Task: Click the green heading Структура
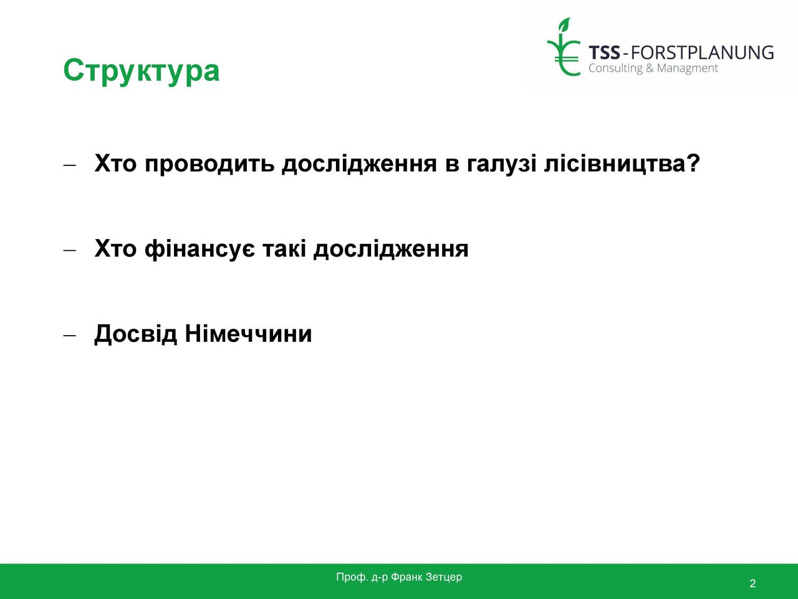pyautogui.click(x=142, y=71)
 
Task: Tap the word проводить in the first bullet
pyautogui.click(x=209, y=163)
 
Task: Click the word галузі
pyautogui.click(x=501, y=163)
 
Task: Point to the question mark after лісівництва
pyautogui.click(x=693, y=162)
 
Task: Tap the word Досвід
pyautogui.click(x=136, y=334)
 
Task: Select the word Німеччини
pyautogui.click(x=248, y=333)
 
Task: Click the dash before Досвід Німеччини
pyautogui.click(x=69, y=335)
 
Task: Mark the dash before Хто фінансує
pyautogui.click(x=69, y=250)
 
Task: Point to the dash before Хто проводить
pyautogui.click(x=69, y=165)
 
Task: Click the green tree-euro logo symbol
pyautogui.click(x=564, y=47)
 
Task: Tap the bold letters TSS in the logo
pyautogui.click(x=604, y=53)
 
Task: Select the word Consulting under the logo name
pyautogui.click(x=615, y=69)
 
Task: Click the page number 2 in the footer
pyautogui.click(x=752, y=583)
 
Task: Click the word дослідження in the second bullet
pyautogui.click(x=391, y=249)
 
